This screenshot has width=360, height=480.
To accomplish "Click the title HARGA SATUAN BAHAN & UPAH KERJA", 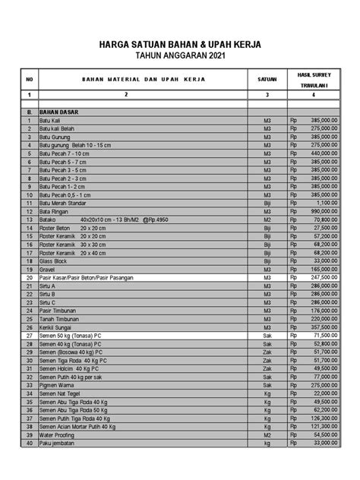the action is [x=180, y=45].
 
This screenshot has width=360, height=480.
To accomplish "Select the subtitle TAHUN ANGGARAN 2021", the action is [x=180, y=56].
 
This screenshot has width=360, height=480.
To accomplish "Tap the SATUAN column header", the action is [x=267, y=78].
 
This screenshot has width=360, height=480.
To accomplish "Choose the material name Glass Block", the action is [x=56, y=261].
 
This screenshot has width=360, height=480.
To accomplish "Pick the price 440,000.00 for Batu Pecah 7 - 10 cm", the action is [x=327, y=153].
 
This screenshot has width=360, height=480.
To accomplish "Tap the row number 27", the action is [x=28, y=335].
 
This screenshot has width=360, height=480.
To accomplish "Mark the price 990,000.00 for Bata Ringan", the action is [x=327, y=211].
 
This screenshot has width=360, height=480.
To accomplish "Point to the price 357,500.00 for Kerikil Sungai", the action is [x=327, y=327].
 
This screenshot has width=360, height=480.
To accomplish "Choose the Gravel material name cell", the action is [x=49, y=269].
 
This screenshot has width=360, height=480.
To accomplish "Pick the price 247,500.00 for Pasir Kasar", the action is [x=327, y=277].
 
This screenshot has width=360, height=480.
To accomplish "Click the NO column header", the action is [x=28, y=78].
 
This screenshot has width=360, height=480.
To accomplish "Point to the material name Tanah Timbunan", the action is [x=61, y=318].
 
